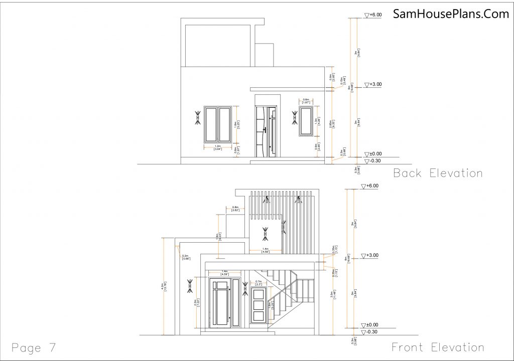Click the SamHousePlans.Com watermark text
(x=451, y=14)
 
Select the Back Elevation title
(x=438, y=173)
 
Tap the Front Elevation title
(x=438, y=347)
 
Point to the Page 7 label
(x=34, y=347)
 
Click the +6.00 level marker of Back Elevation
(x=374, y=16)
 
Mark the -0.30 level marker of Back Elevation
(x=373, y=161)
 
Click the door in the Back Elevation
(x=266, y=131)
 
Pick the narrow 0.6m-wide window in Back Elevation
(x=306, y=120)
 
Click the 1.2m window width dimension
(x=217, y=147)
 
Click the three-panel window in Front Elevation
(x=259, y=304)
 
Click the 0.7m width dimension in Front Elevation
(x=259, y=283)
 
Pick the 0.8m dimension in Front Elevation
(x=235, y=209)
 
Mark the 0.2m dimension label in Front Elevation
(x=185, y=257)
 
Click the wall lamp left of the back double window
(x=196, y=118)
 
